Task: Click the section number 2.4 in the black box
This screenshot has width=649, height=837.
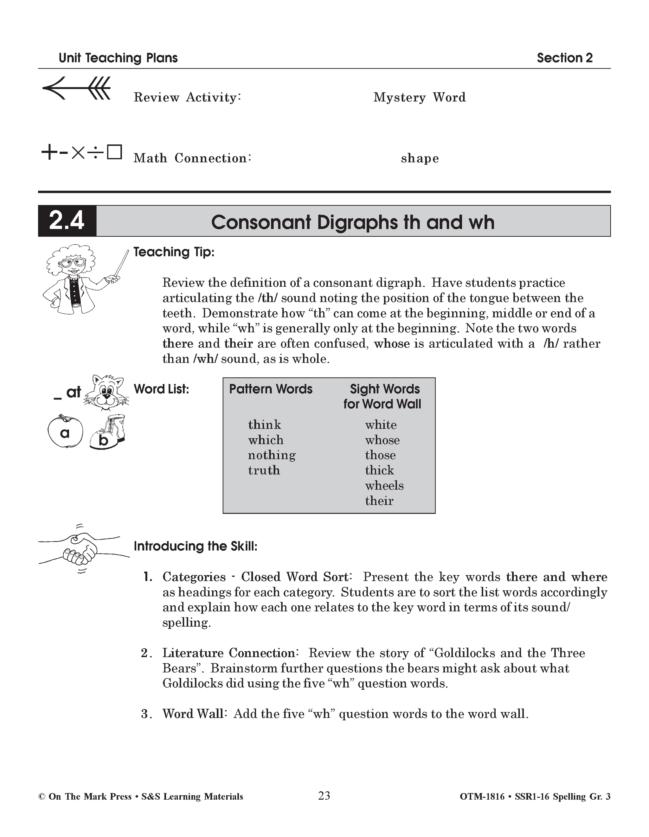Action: click(67, 221)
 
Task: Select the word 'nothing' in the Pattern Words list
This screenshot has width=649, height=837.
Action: click(272, 455)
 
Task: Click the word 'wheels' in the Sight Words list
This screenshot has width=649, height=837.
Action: click(384, 486)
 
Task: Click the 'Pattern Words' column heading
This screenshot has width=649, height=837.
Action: click(271, 389)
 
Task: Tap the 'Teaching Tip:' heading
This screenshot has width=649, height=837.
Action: click(174, 252)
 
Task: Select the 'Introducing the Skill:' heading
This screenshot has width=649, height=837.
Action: click(196, 546)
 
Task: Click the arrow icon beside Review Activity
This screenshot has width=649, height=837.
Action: click(77, 88)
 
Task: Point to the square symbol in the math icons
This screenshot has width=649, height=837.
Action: click(114, 152)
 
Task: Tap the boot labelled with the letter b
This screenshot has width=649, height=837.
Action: click(108, 432)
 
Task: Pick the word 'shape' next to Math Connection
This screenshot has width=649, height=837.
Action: click(420, 158)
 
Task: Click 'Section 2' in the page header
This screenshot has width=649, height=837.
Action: click(564, 58)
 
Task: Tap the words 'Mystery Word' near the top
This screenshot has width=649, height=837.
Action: click(419, 97)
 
